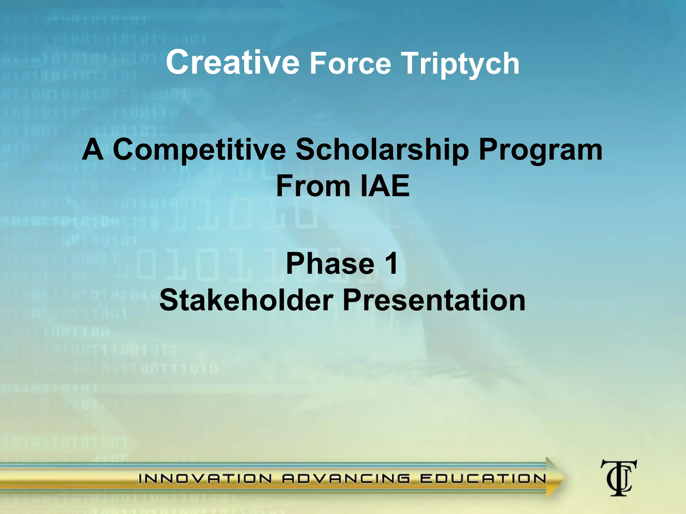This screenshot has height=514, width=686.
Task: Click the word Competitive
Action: tap(199, 150)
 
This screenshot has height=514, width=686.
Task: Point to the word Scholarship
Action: tap(382, 150)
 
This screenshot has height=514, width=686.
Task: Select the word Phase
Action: tap(330, 264)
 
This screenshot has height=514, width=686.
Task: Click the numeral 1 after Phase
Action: tap(391, 264)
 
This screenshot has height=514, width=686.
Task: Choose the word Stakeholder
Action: tap(246, 300)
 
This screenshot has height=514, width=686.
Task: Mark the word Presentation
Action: tap(434, 300)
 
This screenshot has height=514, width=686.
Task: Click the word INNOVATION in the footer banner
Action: tap(205, 479)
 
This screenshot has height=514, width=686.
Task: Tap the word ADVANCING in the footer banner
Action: tap(346, 479)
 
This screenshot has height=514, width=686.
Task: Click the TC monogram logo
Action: tap(618, 478)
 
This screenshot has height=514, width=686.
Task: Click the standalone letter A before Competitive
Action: tap(92, 150)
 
